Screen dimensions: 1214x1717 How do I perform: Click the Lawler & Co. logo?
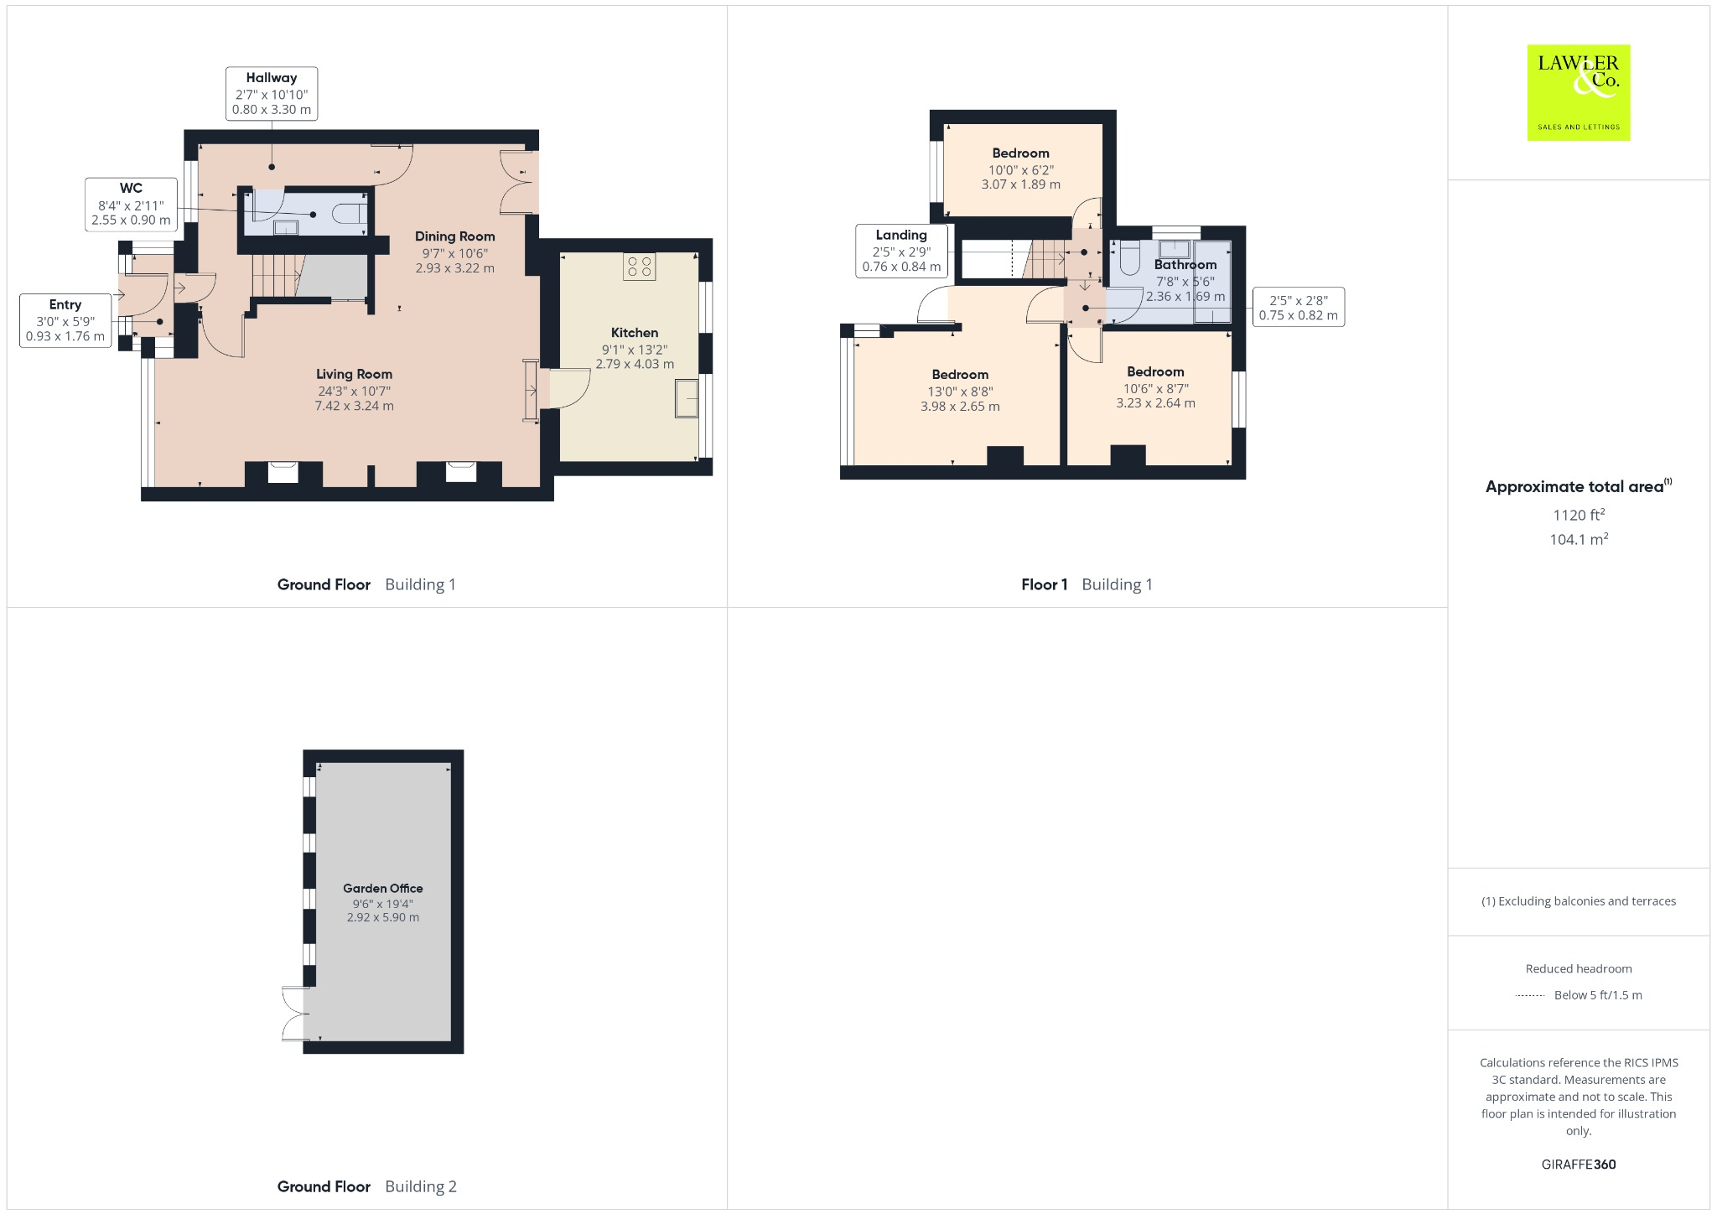coord(1578,92)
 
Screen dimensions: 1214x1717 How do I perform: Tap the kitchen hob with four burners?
coord(640,267)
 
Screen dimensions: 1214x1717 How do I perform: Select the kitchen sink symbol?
coord(687,398)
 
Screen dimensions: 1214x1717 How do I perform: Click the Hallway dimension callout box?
coord(271,94)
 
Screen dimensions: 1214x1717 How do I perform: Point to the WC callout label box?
coord(131,205)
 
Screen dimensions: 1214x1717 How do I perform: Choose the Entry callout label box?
coord(65,320)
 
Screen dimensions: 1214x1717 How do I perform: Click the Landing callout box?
coord(901,251)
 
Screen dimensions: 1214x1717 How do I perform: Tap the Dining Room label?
coord(454,236)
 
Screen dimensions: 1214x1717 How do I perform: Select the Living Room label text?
coord(354,375)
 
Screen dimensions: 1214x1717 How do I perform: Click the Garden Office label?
coord(382,889)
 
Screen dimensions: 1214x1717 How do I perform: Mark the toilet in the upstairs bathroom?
coord(1128,257)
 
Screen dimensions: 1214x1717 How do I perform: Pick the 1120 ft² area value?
coord(1578,516)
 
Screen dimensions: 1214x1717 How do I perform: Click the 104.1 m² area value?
coord(1578,540)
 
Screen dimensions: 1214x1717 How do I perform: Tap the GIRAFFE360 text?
coord(1578,1165)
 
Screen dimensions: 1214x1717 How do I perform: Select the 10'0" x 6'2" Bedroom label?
coord(1020,168)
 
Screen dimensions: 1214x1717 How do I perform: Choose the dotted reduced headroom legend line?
coord(1530,996)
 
